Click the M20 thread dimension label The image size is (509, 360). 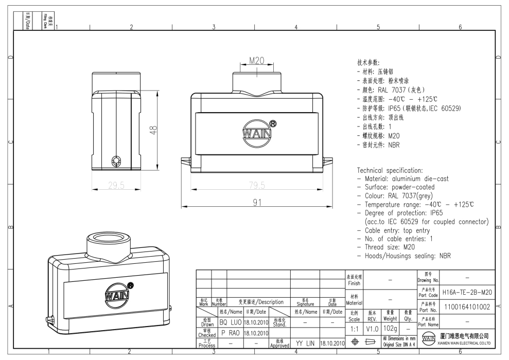point(256,61)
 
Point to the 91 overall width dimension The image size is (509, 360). point(257,203)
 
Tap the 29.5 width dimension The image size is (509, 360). point(116,185)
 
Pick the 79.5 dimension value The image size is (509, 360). point(257,185)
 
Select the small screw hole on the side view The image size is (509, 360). point(116,161)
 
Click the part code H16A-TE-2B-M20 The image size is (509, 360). point(467,292)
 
